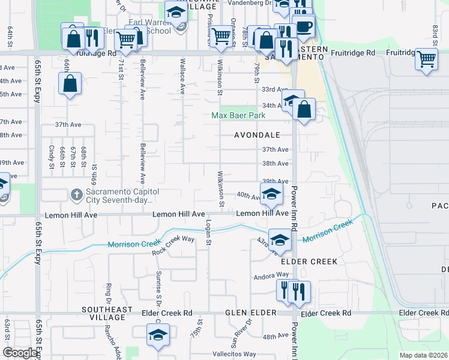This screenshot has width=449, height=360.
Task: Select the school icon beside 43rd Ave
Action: [279, 240]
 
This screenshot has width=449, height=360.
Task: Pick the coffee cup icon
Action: [304, 28]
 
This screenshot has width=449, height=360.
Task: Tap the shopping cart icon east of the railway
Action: [426, 59]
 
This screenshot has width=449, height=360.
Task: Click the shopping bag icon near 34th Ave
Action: [304, 110]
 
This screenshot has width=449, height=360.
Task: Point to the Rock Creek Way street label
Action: [173, 245]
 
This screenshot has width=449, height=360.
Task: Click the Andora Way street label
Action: [271, 275]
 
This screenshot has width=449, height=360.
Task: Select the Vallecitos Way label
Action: [237, 355]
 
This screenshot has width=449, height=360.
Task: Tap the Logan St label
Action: [209, 232]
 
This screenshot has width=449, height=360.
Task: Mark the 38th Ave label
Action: [276, 163]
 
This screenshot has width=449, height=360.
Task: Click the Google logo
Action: [20, 353]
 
